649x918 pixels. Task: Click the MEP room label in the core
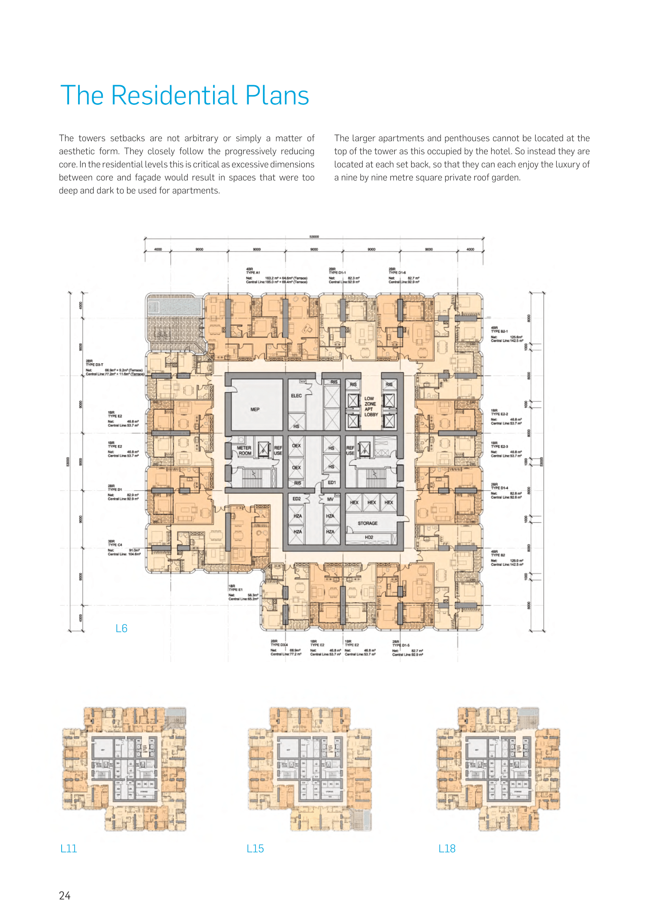(x=255, y=409)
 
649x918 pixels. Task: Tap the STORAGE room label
(x=367, y=523)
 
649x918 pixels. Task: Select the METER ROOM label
(x=244, y=451)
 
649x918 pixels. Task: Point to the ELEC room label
(x=296, y=396)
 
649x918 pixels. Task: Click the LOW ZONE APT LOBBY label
(x=370, y=407)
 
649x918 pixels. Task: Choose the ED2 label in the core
(x=297, y=498)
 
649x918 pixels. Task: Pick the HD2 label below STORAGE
(x=369, y=537)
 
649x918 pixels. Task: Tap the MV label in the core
(x=330, y=499)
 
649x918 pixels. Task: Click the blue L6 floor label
(x=122, y=628)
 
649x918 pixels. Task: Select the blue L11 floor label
(x=68, y=849)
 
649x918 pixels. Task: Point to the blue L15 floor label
(x=255, y=849)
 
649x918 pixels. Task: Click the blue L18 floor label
(x=447, y=849)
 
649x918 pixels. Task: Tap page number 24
(x=65, y=896)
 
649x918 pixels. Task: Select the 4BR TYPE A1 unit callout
(x=253, y=271)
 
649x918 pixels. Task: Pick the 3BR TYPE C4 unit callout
(x=115, y=543)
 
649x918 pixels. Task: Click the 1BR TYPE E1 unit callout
(x=235, y=588)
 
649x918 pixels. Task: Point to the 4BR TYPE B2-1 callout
(x=499, y=329)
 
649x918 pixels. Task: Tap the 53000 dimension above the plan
(x=314, y=237)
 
